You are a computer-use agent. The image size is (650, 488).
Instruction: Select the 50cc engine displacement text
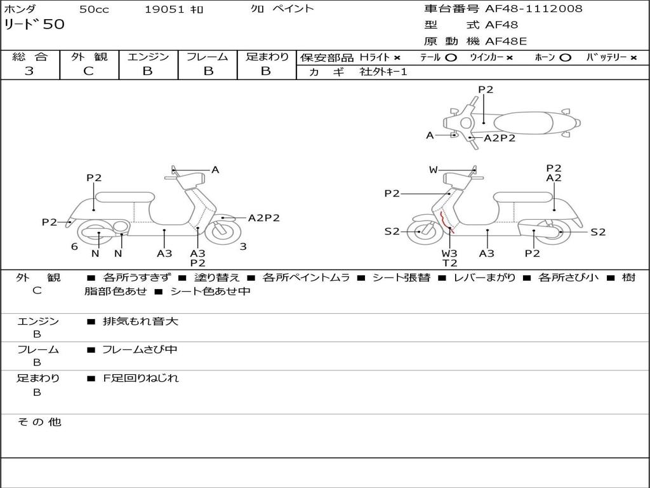click(94, 9)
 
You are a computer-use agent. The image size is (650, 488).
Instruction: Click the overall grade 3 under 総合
click(29, 71)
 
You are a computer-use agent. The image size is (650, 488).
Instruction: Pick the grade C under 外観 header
click(89, 71)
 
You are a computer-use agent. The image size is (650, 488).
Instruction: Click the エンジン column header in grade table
click(148, 57)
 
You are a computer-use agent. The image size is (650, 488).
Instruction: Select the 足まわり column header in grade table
click(267, 57)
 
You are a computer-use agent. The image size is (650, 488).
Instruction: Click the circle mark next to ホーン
click(565, 57)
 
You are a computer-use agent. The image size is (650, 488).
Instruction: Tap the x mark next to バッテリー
click(633, 57)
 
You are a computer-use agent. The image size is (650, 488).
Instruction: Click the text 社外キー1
click(383, 72)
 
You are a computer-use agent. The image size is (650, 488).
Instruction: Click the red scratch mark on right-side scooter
click(442, 222)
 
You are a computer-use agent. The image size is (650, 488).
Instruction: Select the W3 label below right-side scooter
click(449, 253)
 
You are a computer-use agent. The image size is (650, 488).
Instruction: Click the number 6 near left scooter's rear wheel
click(74, 247)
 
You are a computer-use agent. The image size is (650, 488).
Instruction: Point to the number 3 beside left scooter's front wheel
click(243, 247)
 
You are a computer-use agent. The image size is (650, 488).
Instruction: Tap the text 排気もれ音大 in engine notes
click(140, 322)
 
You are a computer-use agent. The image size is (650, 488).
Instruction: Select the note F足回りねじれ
click(141, 378)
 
